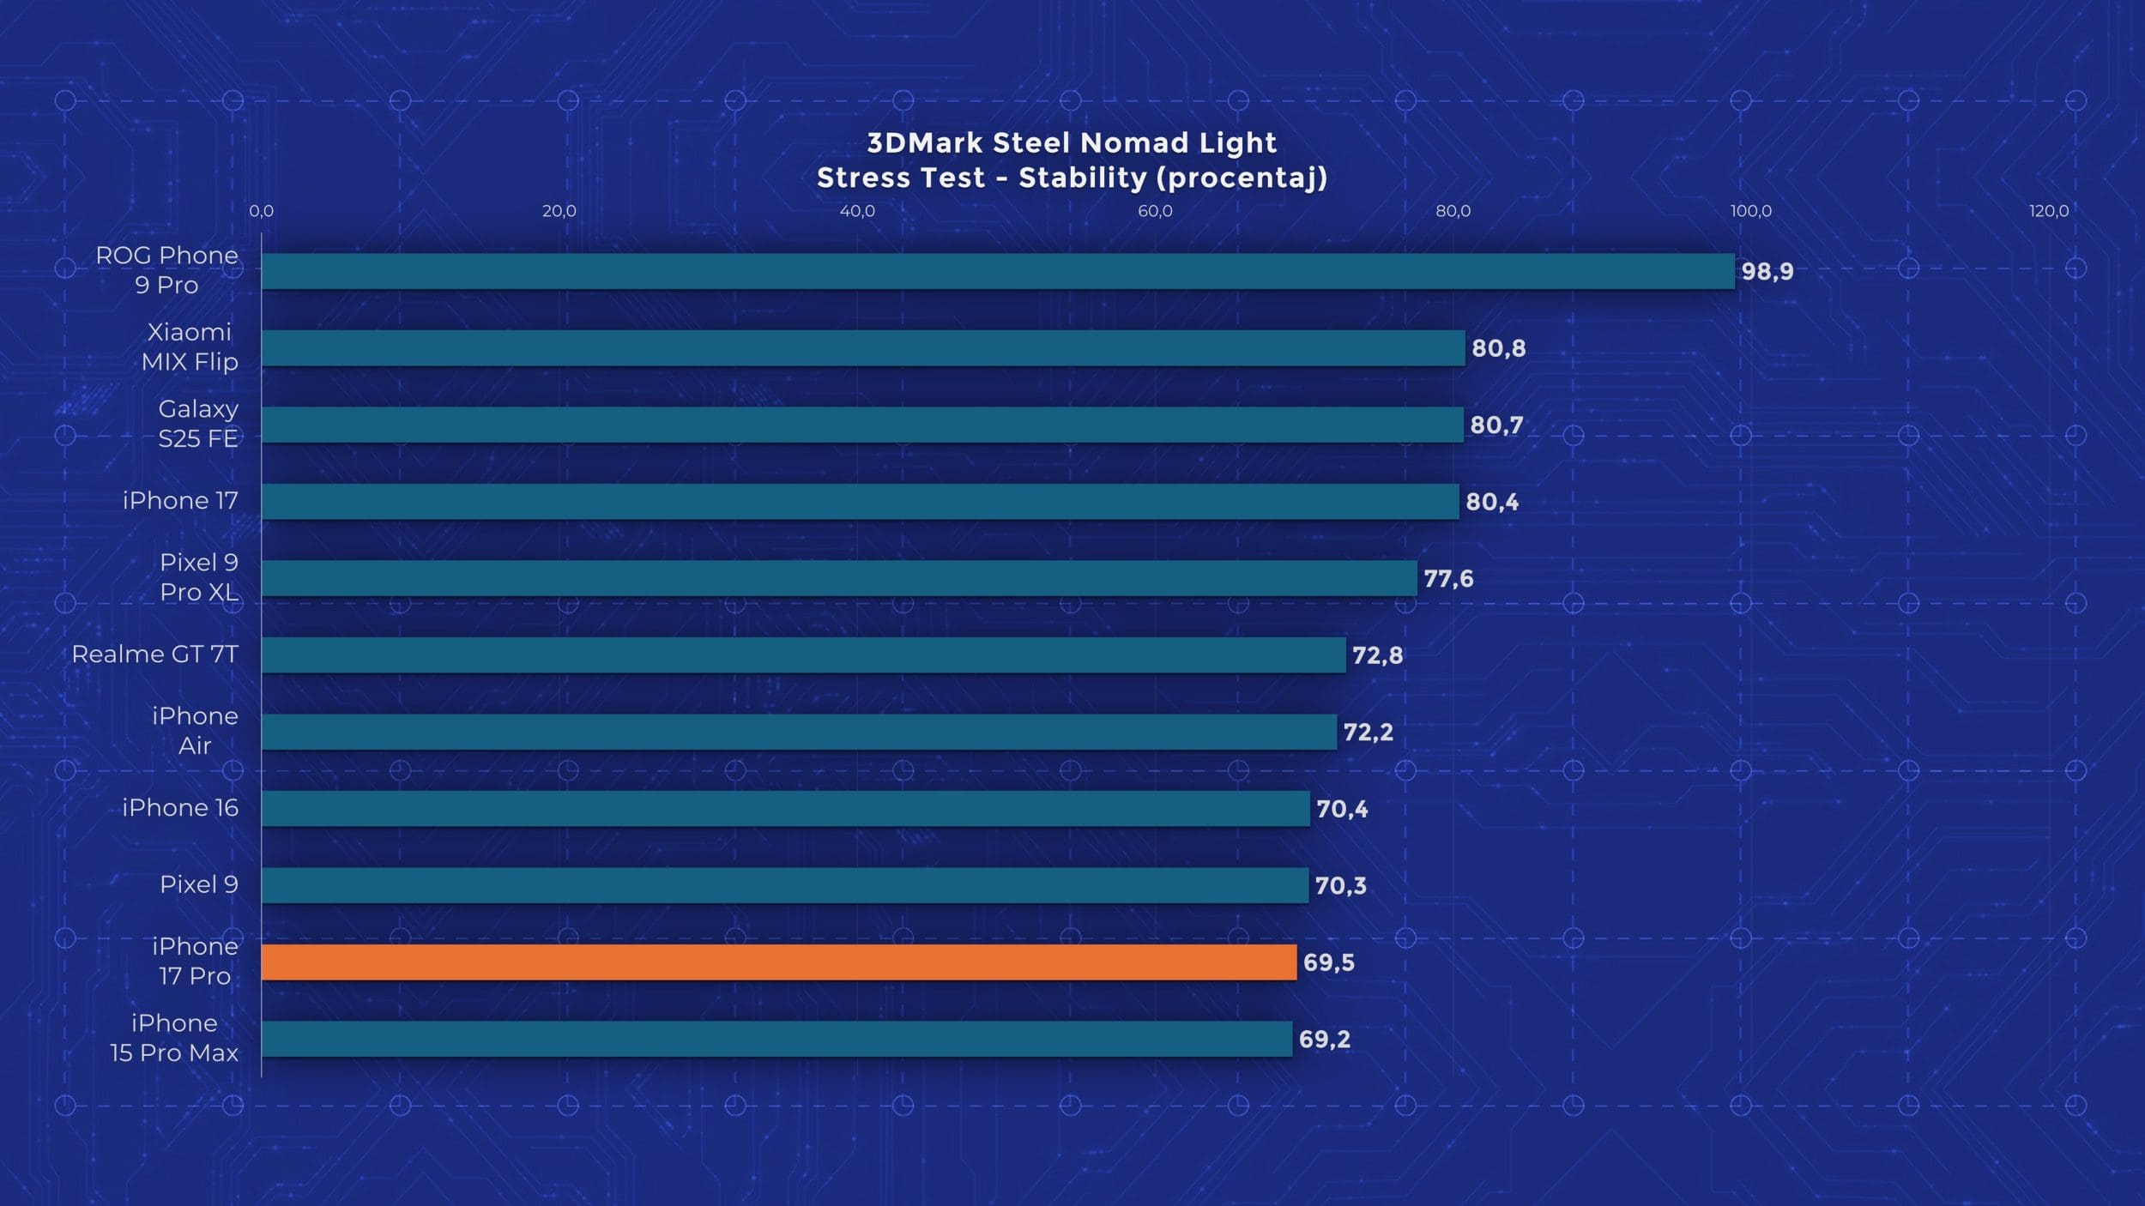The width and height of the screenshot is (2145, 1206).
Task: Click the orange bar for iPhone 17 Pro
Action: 778,962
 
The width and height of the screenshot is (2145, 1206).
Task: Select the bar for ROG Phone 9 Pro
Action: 997,271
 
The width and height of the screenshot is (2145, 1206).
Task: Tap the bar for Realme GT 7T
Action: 803,655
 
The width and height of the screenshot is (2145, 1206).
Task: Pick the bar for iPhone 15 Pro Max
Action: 776,1039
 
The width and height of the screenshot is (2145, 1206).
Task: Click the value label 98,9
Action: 1767,272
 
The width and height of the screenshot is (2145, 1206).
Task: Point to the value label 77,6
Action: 1448,579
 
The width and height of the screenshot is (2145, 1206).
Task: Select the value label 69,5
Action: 1328,962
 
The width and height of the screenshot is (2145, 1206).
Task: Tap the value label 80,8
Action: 1498,348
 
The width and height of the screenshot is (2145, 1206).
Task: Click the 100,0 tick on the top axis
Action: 1750,211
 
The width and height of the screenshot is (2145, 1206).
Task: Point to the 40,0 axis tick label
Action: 857,211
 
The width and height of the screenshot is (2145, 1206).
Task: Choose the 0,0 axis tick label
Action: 262,211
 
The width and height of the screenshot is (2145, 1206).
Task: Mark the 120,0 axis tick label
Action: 2048,211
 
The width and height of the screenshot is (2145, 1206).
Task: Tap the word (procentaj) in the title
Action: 1242,178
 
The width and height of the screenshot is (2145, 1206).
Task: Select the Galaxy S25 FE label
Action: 197,424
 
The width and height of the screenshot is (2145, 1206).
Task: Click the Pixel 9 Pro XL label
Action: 198,577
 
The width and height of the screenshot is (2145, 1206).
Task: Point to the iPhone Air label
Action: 195,731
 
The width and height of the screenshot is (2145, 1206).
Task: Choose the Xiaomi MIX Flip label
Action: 190,347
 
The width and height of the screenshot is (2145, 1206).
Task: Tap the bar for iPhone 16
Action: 785,809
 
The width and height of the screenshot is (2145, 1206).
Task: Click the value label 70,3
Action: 1340,885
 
